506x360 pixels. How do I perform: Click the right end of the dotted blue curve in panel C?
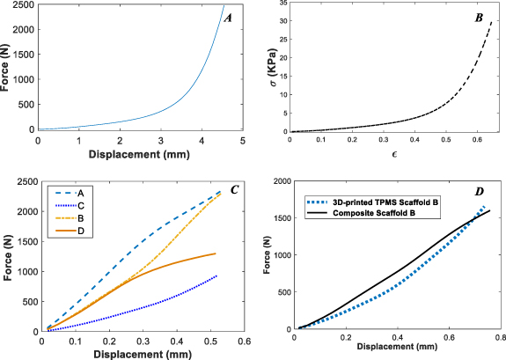216,276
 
